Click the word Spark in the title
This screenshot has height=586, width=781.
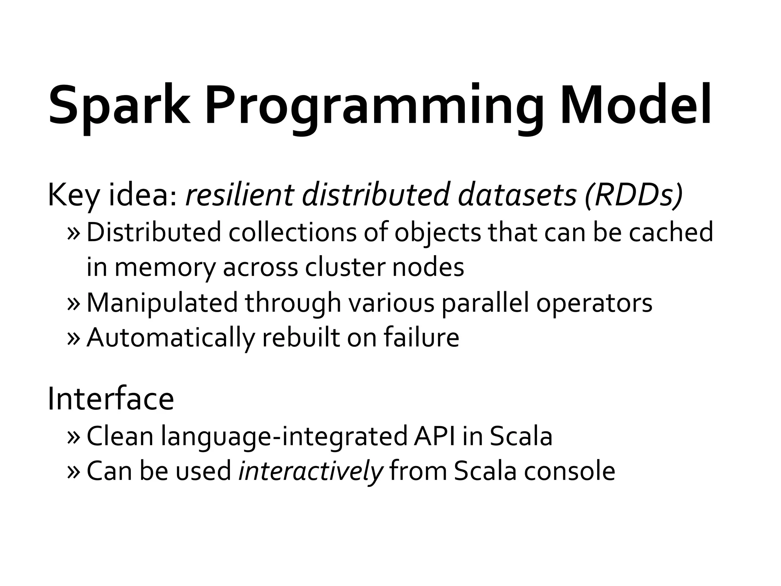coord(119,105)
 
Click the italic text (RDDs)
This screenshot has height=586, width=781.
coord(633,195)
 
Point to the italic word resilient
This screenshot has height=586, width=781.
coord(239,195)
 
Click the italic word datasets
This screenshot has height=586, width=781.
coord(517,195)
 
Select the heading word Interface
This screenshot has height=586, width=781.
coord(111,399)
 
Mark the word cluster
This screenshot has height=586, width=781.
coord(345,267)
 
